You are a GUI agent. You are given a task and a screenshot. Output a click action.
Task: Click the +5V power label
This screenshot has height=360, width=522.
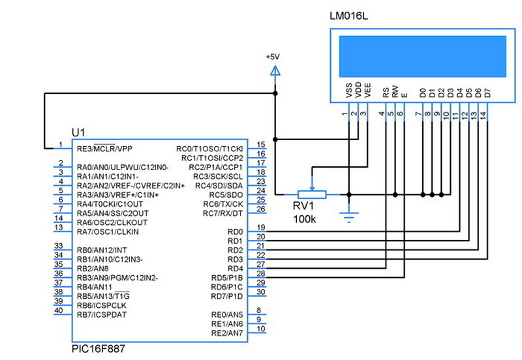pyautogui.click(x=275, y=57)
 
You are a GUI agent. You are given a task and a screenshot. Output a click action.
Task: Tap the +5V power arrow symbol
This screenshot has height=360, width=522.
pyautogui.click(x=275, y=70)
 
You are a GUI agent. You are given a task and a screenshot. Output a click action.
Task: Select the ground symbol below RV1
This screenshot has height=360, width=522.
pyautogui.click(x=350, y=217)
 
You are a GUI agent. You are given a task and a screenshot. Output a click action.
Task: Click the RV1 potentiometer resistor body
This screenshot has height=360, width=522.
pyautogui.click(x=312, y=194)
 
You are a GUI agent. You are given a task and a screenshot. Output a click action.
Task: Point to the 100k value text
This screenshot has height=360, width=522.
pyautogui.click(x=305, y=219)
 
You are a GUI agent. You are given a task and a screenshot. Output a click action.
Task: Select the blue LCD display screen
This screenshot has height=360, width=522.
pyautogui.click(x=422, y=56)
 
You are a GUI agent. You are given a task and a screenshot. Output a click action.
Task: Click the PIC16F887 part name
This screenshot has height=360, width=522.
pyautogui.click(x=99, y=350)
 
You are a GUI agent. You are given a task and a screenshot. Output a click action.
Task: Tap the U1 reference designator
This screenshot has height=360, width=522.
pyautogui.click(x=78, y=132)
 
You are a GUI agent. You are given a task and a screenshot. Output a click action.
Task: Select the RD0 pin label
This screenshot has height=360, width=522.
pyautogui.click(x=235, y=232)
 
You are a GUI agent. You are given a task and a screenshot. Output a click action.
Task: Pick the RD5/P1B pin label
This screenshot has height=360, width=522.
pyautogui.click(x=227, y=278)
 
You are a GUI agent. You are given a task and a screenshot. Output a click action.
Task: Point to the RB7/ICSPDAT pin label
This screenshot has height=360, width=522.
pyautogui.click(x=103, y=314)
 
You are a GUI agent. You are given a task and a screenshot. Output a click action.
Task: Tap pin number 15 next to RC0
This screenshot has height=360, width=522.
pyautogui.click(x=261, y=144)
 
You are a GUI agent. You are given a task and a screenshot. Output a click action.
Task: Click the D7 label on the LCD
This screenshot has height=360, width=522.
pyautogui.click(x=487, y=93)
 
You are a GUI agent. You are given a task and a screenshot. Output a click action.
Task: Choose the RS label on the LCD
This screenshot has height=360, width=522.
pyautogui.click(x=386, y=93)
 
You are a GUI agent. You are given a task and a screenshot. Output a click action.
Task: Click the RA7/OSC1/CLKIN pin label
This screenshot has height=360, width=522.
pyautogui.click(x=108, y=232)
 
